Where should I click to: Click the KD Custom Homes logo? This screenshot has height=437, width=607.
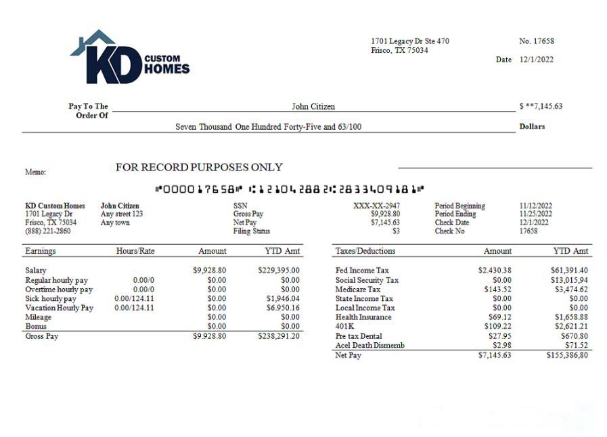129,58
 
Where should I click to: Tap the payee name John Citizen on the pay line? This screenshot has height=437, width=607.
313,106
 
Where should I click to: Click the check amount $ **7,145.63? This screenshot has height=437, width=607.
541,106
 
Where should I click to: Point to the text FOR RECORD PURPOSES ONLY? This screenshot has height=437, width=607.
199,167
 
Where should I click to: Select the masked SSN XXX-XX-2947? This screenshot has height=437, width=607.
376,206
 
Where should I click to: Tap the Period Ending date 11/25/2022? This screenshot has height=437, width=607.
536,214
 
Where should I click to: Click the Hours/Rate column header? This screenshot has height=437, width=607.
135,251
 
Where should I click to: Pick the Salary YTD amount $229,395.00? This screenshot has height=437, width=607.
279,271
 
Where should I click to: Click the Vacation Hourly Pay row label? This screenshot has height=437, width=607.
59,308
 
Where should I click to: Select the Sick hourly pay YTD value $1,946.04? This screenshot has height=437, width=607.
283,298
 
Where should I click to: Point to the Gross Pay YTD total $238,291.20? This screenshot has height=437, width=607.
279,336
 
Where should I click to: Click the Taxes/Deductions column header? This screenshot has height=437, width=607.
365,251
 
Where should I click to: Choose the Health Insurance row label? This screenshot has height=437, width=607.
363,317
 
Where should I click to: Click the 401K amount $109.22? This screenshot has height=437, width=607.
497,327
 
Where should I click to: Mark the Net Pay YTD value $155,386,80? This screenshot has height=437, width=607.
567,354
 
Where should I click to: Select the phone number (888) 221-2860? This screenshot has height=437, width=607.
47,231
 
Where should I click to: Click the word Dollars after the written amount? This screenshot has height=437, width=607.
532,127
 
